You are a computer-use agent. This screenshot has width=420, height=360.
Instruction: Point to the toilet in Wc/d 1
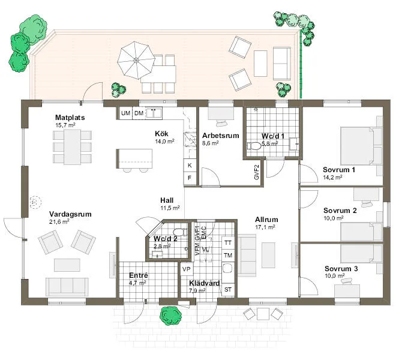tap(255, 145)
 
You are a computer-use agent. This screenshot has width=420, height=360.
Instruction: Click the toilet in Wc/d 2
tap(178, 232)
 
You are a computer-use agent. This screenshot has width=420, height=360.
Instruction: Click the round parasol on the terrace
tap(136, 59)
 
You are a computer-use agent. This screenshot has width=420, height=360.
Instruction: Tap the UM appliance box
tap(125, 113)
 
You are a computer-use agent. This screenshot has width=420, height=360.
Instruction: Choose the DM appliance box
tap(139, 113)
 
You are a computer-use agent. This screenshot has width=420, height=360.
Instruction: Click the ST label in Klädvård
tap(228, 290)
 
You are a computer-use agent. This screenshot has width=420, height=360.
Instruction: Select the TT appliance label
tap(228, 243)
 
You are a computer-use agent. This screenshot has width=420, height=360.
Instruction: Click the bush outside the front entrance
tap(172, 314)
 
